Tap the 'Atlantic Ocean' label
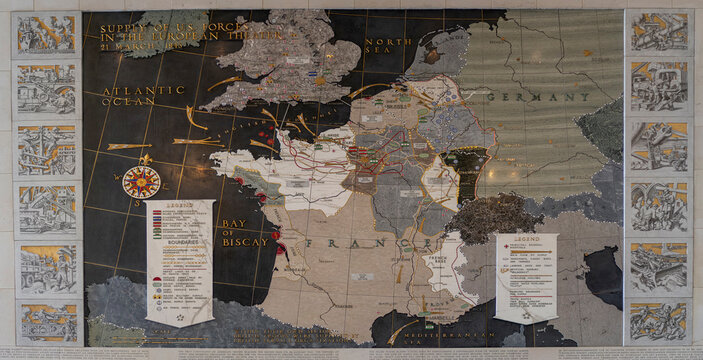coord(142,96)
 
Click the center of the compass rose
coord(141,181)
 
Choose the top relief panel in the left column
coord(46,34)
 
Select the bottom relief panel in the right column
coord(658,322)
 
